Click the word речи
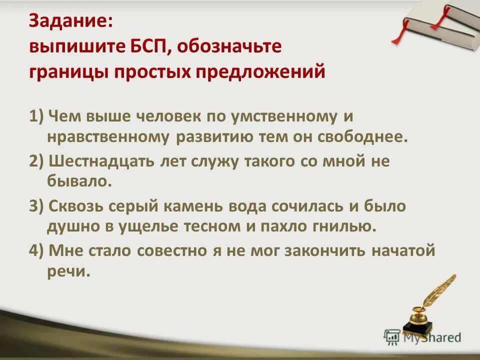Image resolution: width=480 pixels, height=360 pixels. pyautogui.click(x=69, y=271)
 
